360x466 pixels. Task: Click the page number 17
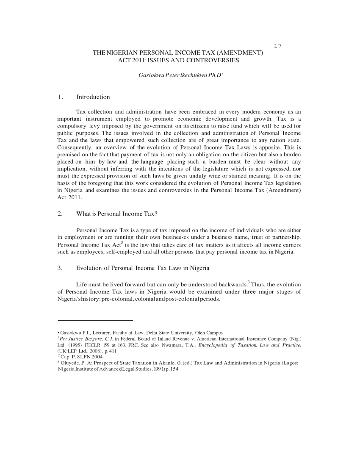click(278, 46)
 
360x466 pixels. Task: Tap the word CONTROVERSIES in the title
click(213, 61)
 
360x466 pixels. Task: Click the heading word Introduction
click(93, 97)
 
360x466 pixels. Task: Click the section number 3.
click(60, 268)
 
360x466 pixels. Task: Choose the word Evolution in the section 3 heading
click(92, 268)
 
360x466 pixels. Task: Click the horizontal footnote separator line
click(95, 320)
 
